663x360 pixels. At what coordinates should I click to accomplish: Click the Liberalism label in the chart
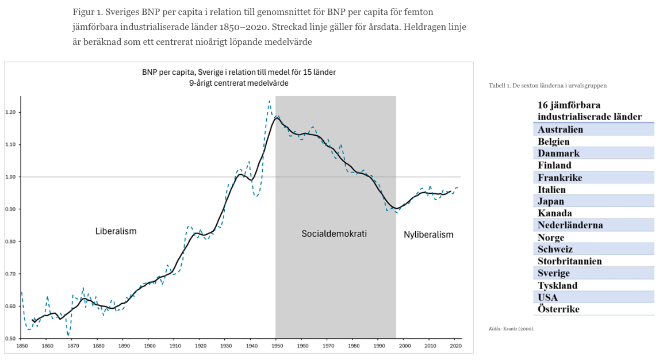click(x=116, y=231)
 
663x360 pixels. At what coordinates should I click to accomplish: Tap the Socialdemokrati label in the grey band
click(x=334, y=233)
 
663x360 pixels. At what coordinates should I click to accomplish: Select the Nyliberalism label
click(x=428, y=235)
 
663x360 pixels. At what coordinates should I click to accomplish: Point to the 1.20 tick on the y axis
click(x=11, y=112)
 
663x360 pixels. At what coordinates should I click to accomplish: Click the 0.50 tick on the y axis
click(x=11, y=338)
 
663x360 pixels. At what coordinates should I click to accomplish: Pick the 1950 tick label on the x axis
click(x=277, y=346)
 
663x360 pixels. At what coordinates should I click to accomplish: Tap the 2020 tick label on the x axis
click(x=455, y=346)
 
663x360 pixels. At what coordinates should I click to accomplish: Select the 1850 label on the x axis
click(x=22, y=346)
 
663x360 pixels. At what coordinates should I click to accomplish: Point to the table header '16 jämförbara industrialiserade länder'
click(x=589, y=110)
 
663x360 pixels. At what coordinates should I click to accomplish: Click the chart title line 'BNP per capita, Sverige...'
click(x=239, y=72)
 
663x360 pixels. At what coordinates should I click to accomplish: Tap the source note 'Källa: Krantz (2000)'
click(x=511, y=328)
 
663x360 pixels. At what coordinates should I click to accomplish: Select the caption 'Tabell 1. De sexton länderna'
click(x=547, y=85)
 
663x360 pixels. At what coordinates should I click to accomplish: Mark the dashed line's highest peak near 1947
click(x=269, y=101)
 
